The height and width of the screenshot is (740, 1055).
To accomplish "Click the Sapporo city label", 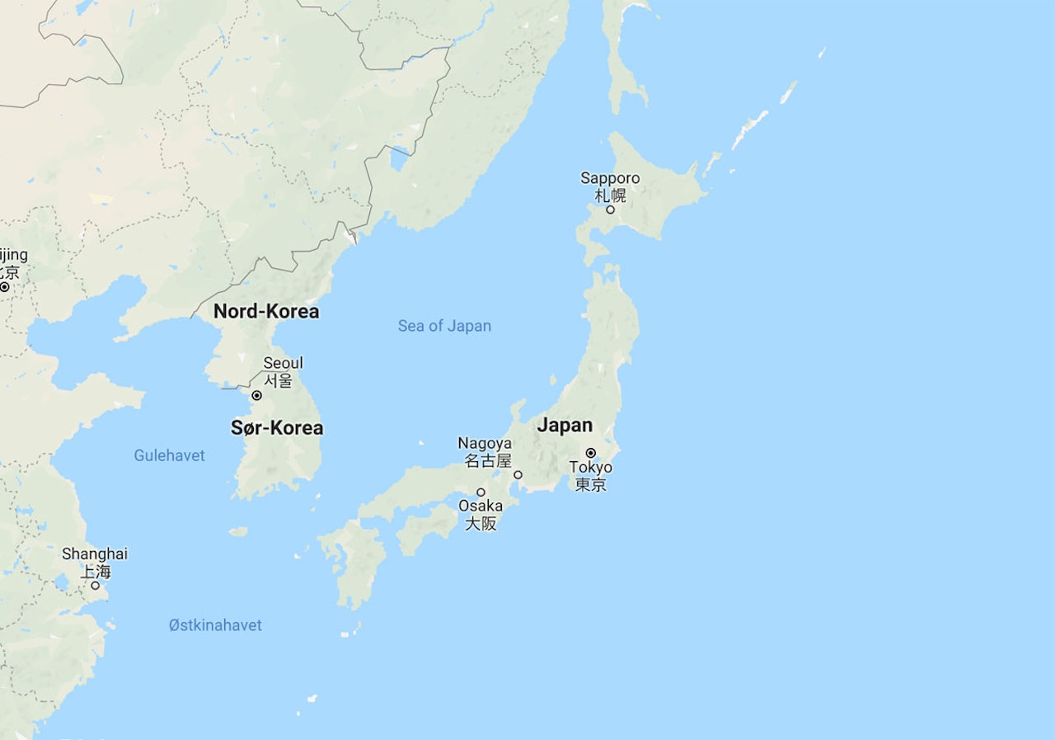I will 610,178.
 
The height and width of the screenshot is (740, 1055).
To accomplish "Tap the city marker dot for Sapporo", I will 610,210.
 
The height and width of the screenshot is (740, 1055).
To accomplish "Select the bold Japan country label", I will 565,426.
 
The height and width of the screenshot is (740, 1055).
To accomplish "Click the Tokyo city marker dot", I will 591,453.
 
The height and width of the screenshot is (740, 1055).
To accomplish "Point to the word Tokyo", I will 591,468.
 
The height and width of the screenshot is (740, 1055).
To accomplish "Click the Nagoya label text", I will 485,443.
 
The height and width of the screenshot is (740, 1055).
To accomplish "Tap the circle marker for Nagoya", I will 518,474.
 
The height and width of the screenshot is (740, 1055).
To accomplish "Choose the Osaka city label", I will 481,506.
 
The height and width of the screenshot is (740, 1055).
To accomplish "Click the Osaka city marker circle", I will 481,493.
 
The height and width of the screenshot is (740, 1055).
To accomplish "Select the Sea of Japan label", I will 444,326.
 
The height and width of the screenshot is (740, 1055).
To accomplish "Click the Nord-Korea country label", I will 266,312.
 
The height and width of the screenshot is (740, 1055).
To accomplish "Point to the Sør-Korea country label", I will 277,428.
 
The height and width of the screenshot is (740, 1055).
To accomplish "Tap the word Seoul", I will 283,363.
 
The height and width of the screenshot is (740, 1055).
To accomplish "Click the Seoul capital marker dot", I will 256,396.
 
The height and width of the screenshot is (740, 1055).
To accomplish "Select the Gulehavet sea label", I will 169,455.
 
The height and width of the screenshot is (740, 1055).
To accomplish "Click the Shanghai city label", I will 95,554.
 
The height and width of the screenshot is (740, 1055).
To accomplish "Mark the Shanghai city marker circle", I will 95,585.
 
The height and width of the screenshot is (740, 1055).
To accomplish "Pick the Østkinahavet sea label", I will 215,625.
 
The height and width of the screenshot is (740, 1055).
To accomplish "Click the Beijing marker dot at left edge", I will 4,287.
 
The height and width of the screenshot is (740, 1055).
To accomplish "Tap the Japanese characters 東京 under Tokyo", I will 591,484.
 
